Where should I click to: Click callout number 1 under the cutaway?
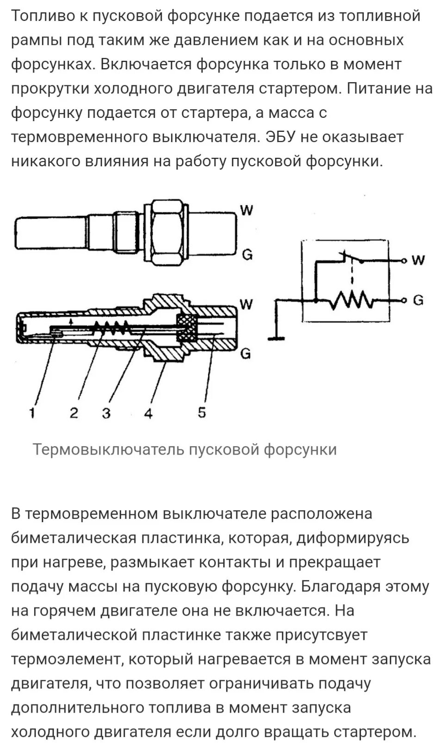click(31, 413)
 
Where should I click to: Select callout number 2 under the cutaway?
click(74, 412)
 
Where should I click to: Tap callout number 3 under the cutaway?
click(106, 413)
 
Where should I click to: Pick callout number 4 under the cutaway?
click(148, 413)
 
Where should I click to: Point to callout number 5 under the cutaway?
click(202, 412)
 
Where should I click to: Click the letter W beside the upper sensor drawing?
click(247, 211)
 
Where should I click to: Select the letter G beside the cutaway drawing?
click(246, 354)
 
